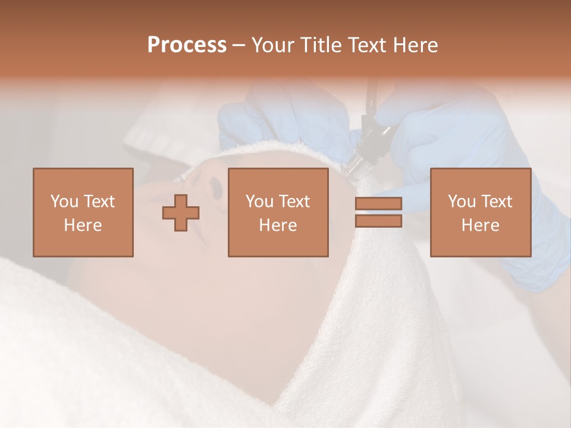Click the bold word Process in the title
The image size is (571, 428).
point(187,45)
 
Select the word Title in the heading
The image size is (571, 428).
point(321,45)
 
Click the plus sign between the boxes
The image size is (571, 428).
point(181,213)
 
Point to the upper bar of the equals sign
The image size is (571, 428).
point(378,204)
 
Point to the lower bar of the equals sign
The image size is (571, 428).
point(378,221)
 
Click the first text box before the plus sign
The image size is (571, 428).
point(83,213)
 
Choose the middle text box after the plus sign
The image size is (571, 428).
point(278,213)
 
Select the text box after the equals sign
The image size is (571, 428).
point(480,213)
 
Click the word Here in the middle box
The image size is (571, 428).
point(278,225)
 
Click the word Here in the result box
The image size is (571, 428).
point(480,225)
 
